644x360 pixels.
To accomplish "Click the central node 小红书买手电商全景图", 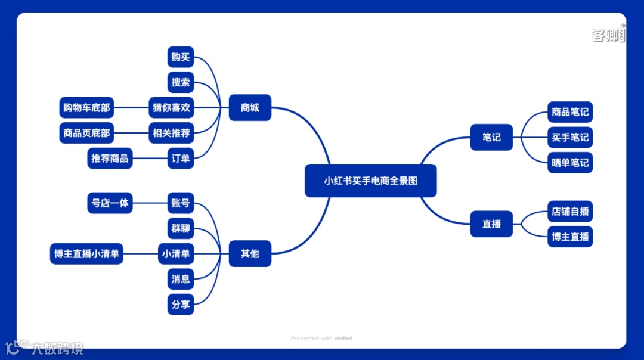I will pyautogui.click(x=370, y=181).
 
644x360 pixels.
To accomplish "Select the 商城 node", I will pyautogui.click(x=250, y=108).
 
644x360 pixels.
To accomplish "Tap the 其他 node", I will pyautogui.click(x=250, y=253).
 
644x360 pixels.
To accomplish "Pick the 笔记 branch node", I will pyautogui.click(x=491, y=137).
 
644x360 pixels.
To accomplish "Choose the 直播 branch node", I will pyautogui.click(x=491, y=224).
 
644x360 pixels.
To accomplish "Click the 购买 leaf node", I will pyautogui.click(x=180, y=57).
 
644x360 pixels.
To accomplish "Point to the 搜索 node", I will pyautogui.click(x=180, y=82).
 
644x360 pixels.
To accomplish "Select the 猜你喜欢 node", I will pyautogui.click(x=171, y=108).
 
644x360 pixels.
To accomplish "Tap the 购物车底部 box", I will pyautogui.click(x=86, y=108).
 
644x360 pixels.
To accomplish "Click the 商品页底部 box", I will pyautogui.click(x=86, y=133).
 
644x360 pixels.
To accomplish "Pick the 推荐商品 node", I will pyautogui.click(x=110, y=159).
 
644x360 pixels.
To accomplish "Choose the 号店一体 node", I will pyautogui.click(x=110, y=203).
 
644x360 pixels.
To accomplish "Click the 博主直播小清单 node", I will pyautogui.click(x=86, y=253).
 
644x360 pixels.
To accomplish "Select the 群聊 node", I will pyautogui.click(x=180, y=228).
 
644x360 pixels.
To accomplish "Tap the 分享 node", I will pyautogui.click(x=180, y=304).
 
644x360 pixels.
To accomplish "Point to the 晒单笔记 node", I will pyautogui.click(x=570, y=162).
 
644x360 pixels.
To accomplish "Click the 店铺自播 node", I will pyautogui.click(x=570, y=212).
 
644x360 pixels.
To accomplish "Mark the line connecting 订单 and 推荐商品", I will pyautogui.click(x=150, y=159).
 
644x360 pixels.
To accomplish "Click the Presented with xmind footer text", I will pyautogui.click(x=321, y=338).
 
